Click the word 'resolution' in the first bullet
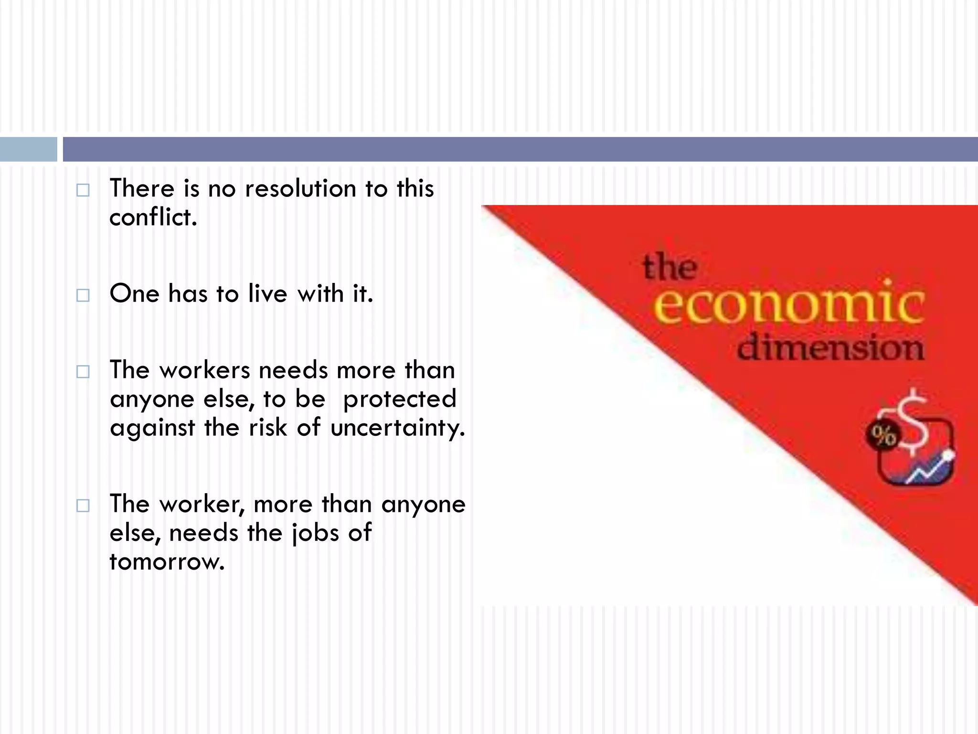coord(300,188)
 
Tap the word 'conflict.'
coord(153,217)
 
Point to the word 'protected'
coord(400,399)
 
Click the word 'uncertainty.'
coord(397,427)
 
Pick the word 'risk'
coord(268,427)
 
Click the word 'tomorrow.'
coord(167,561)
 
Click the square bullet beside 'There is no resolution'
coord(83,190)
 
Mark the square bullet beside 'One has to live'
coord(83,295)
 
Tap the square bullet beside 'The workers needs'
coord(83,372)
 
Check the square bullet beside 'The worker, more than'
coord(83,506)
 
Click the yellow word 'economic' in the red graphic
coord(788,304)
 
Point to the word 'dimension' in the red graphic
coord(830,347)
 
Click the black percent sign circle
coord(883,435)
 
